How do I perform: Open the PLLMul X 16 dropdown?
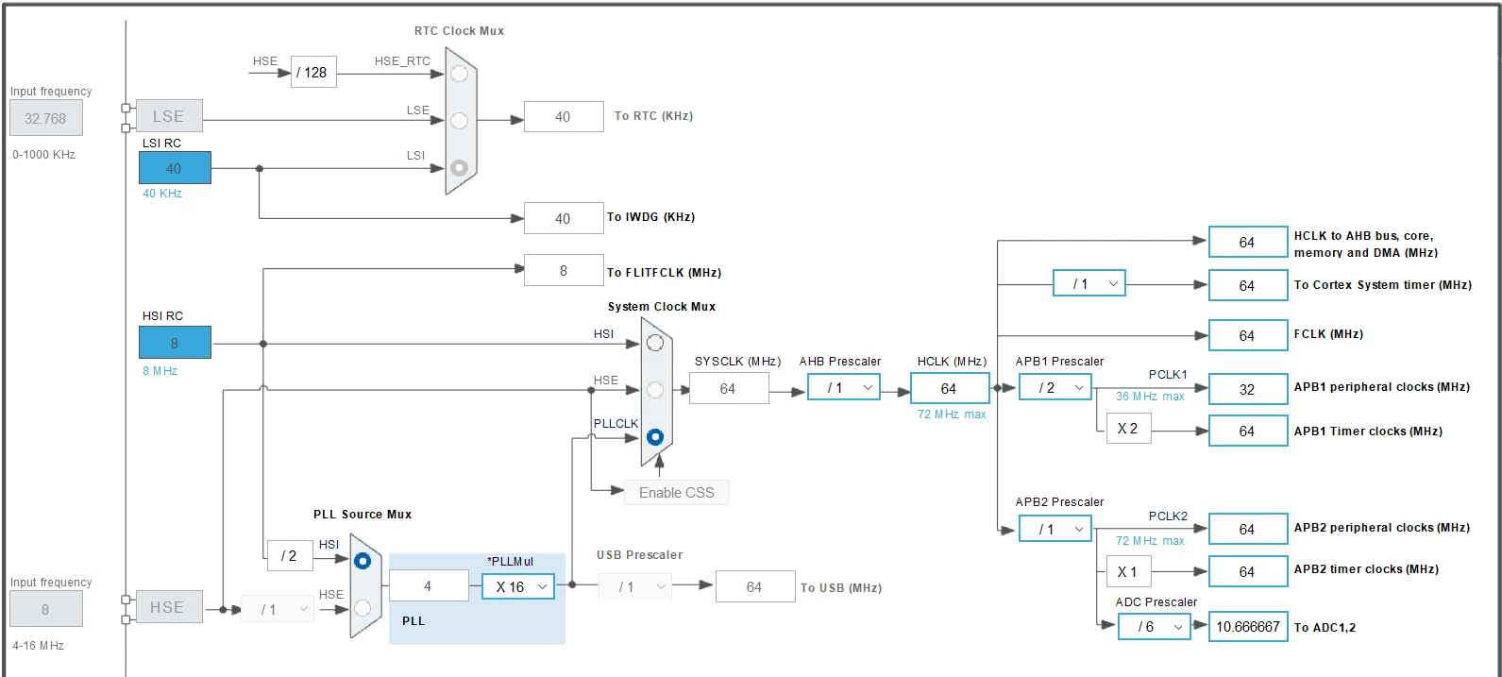coord(517,587)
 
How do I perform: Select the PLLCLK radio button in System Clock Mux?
coord(655,437)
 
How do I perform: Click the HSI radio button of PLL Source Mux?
coord(363,561)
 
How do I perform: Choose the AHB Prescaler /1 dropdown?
coord(844,388)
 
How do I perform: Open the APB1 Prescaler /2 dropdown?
coord(1055,388)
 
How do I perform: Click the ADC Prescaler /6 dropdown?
coord(1154,627)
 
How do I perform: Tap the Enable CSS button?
coord(677,493)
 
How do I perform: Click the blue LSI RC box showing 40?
coord(175,168)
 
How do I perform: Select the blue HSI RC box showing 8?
coord(175,343)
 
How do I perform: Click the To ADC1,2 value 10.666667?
coord(1248,627)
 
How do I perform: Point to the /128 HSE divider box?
coord(313,73)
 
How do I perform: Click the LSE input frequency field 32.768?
coord(46,118)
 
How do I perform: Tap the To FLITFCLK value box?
coord(564,270)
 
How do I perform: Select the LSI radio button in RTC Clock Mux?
coord(460,168)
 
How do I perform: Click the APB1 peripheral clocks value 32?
coord(1248,389)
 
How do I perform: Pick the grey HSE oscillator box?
coord(169,607)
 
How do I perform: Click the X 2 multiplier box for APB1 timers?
coord(1128,429)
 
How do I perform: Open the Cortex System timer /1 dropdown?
coord(1089,284)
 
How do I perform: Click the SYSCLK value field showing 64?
coord(729,388)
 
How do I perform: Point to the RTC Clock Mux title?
coord(460,31)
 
